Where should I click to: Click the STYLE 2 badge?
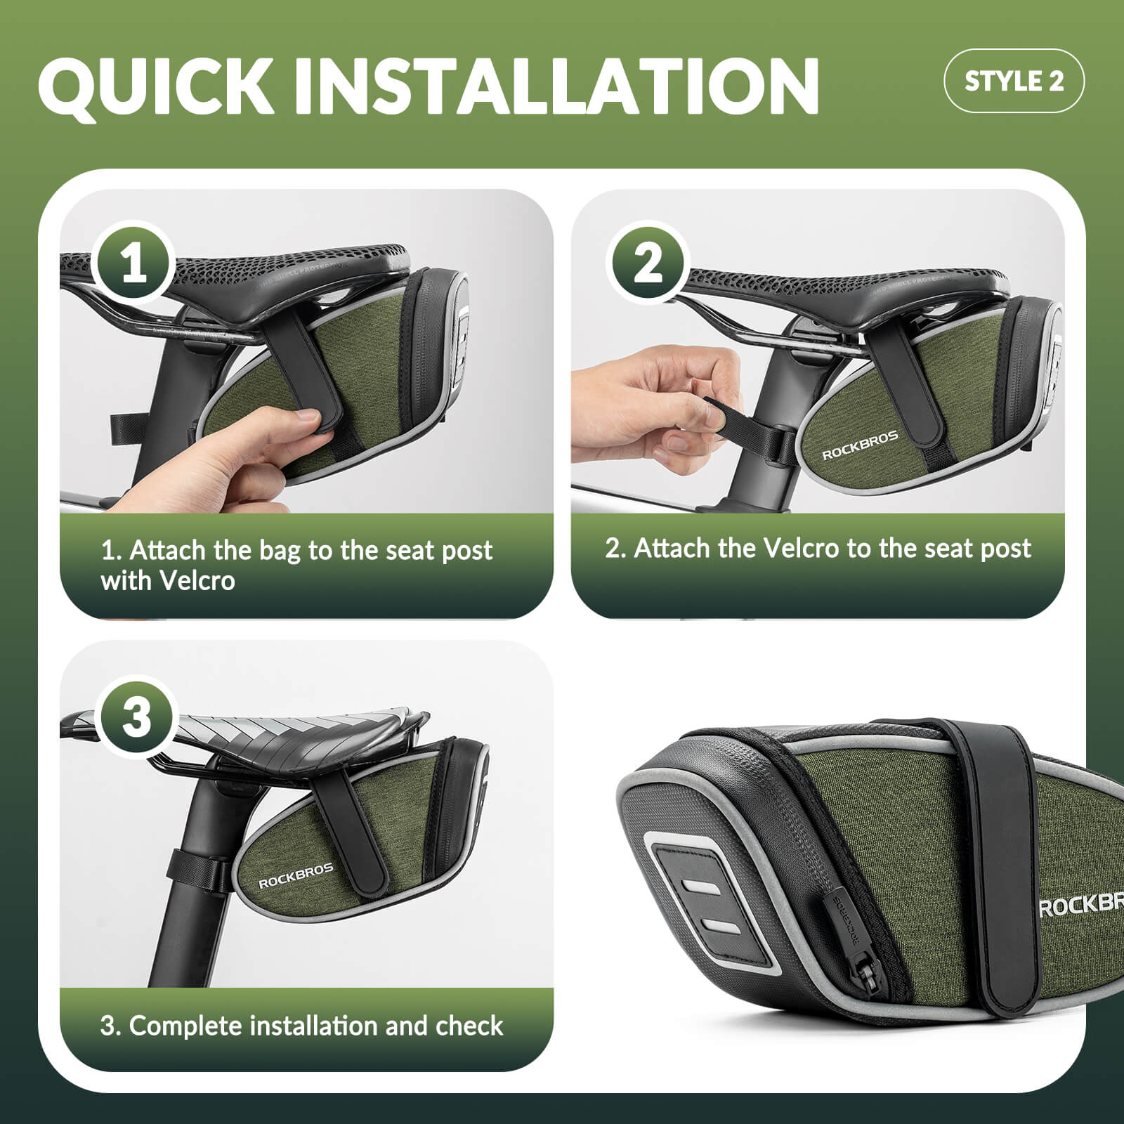(1014, 81)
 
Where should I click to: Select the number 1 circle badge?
(134, 264)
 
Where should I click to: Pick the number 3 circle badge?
(136, 717)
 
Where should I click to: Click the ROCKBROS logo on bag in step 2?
(860, 445)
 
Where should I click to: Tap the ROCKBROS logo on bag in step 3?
(296, 877)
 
